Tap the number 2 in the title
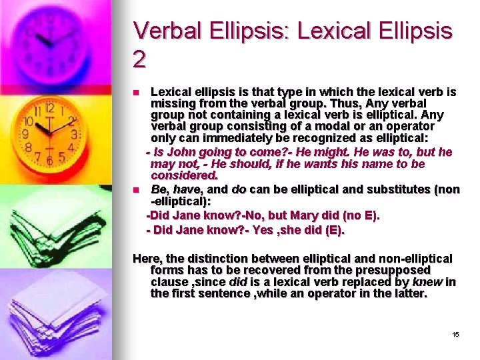click(x=139, y=60)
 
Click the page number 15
click(x=455, y=334)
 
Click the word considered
click(x=184, y=176)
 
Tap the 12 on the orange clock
click(x=49, y=108)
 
